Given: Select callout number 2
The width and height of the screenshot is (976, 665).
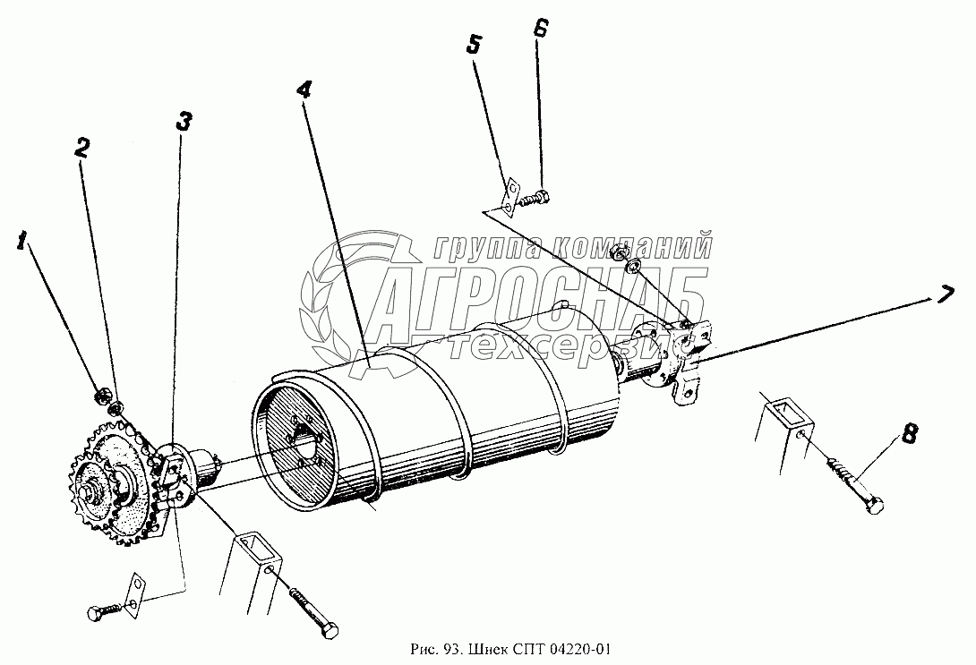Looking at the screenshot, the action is pyautogui.click(x=82, y=149).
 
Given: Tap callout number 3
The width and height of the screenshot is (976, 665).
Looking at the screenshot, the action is pyautogui.click(x=184, y=122).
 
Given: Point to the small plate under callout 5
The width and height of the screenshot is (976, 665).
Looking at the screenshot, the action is pyautogui.click(x=511, y=196).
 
